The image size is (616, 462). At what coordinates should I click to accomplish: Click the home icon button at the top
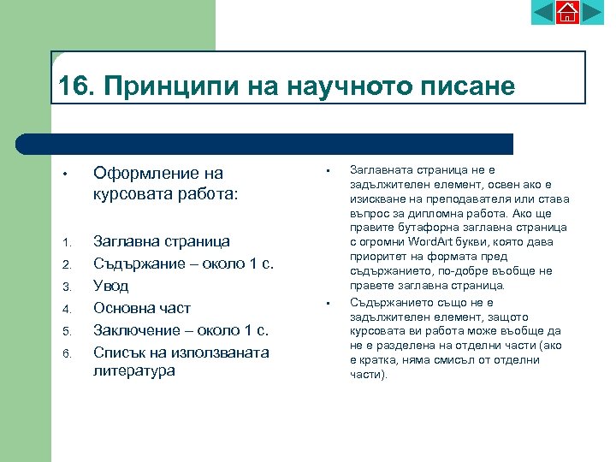click(x=567, y=12)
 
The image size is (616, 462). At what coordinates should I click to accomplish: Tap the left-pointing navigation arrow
click(x=543, y=12)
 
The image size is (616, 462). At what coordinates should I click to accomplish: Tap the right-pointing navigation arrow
click(x=592, y=12)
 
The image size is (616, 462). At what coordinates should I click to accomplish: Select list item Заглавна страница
click(x=162, y=241)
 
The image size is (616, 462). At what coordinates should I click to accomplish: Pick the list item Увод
click(x=110, y=286)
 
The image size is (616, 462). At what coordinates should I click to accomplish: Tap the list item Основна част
click(x=141, y=308)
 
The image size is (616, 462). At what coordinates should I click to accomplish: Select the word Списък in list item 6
click(x=119, y=352)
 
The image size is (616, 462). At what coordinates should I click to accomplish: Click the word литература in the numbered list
click(x=133, y=370)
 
